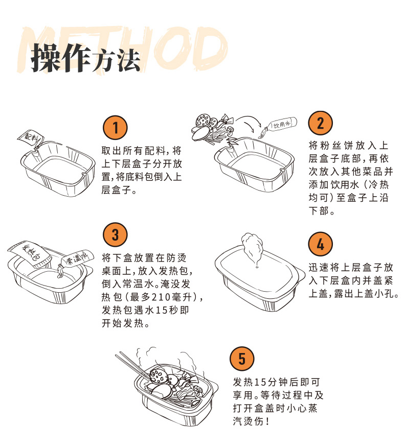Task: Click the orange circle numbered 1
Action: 115,127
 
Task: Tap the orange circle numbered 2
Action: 321,123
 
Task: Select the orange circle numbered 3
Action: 115,234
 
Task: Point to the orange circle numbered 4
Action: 321,244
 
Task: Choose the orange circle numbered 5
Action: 242,358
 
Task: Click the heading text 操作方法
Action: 85,58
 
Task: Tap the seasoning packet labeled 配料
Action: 31,138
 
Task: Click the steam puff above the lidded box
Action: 252,247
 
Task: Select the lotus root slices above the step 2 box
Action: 206,122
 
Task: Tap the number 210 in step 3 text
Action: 162,297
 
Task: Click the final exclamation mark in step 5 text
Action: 267,421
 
